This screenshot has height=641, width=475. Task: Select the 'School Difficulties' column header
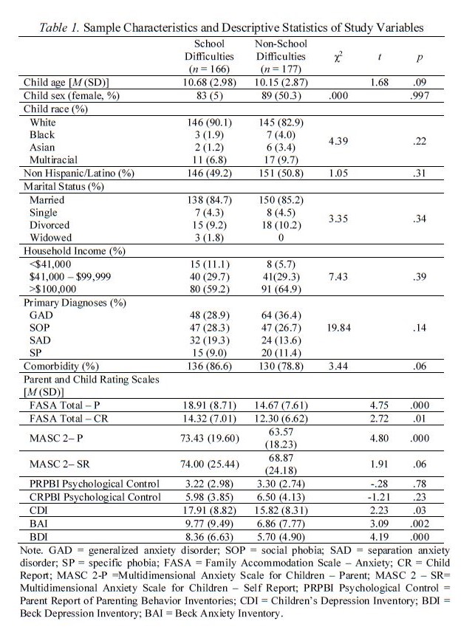tap(209, 56)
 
